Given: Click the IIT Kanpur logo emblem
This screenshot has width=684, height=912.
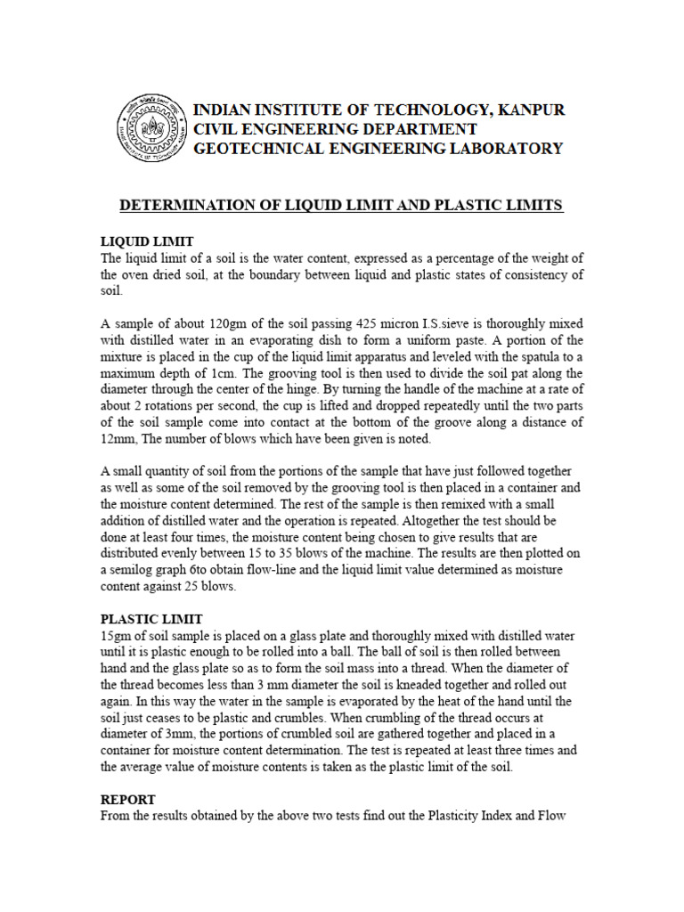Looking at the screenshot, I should [x=153, y=128].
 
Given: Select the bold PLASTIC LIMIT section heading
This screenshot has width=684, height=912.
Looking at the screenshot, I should [x=151, y=619].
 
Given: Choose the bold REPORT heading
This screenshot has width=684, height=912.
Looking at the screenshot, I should [x=128, y=799].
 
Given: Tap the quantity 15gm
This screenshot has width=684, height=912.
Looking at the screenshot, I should [x=118, y=636].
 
